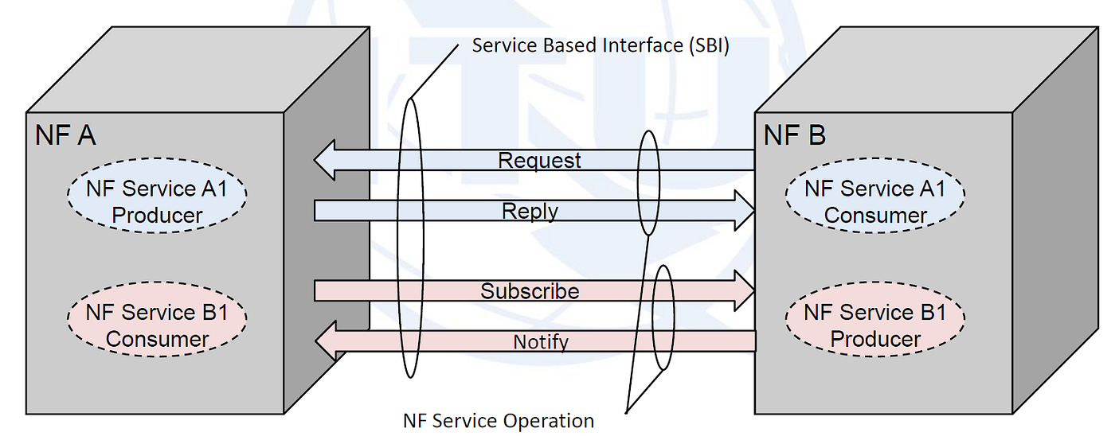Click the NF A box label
(65, 135)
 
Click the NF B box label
(794, 135)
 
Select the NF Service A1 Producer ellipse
(156, 201)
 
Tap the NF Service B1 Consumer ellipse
(156, 325)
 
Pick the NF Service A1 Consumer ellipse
(874, 201)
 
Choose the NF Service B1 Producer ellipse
(874, 325)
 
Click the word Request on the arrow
(539, 160)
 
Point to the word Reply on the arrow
(530, 211)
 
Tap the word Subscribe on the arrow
(530, 291)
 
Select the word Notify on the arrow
(540, 342)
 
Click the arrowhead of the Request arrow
(326, 160)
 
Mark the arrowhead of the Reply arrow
(744, 211)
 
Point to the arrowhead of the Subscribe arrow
(744, 291)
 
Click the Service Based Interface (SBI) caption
(601, 45)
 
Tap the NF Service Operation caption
(499, 420)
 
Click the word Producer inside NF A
(157, 215)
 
